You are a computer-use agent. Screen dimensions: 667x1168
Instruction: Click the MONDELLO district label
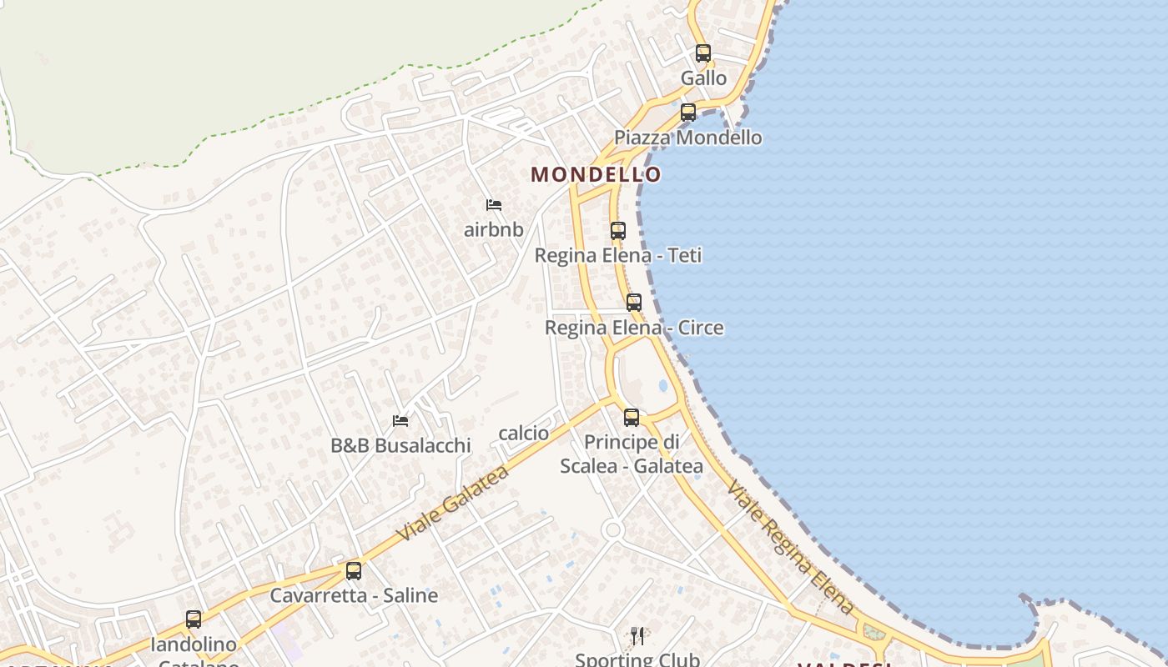pyautogui.click(x=596, y=174)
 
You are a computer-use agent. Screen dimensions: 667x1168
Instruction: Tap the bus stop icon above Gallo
pyautogui.click(x=703, y=53)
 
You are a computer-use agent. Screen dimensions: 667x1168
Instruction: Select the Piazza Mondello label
pyautogui.click(x=688, y=138)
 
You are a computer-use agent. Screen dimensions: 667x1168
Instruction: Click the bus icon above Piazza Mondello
pyautogui.click(x=688, y=112)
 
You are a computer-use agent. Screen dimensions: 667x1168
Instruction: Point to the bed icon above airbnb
pyautogui.click(x=494, y=205)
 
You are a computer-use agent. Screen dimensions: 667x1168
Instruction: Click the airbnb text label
pyautogui.click(x=494, y=229)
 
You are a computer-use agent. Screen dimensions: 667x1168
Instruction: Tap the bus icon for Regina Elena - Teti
pyautogui.click(x=618, y=231)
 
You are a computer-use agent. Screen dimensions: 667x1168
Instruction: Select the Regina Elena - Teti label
pyautogui.click(x=618, y=255)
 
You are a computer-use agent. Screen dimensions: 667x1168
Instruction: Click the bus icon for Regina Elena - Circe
pyautogui.click(x=634, y=303)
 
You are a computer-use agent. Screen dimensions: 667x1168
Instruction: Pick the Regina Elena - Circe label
pyautogui.click(x=634, y=328)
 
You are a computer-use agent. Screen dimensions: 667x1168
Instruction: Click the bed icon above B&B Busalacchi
pyautogui.click(x=400, y=420)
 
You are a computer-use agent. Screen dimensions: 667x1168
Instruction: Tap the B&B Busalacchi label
pyautogui.click(x=400, y=445)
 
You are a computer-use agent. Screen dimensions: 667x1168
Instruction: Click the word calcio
pyautogui.click(x=524, y=433)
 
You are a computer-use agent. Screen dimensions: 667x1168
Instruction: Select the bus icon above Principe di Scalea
pyautogui.click(x=632, y=417)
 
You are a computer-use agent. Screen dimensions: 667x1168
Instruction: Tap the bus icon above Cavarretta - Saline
pyautogui.click(x=354, y=571)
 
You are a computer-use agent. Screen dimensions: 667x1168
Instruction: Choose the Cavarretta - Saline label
pyautogui.click(x=354, y=595)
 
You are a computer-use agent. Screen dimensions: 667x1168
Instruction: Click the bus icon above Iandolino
pyautogui.click(x=194, y=619)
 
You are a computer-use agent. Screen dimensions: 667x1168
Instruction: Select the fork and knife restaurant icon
pyautogui.click(x=637, y=636)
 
